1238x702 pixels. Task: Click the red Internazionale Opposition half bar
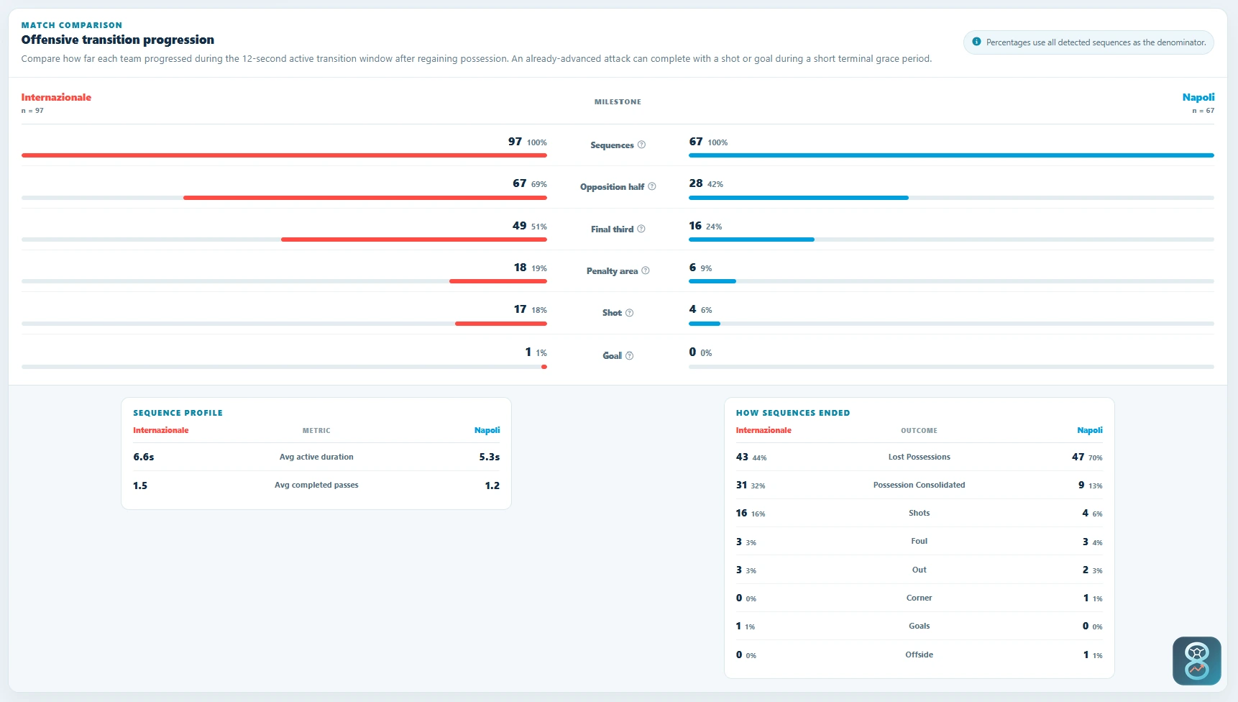point(365,197)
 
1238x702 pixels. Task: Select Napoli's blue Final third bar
point(751,240)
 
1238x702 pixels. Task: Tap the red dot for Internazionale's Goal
point(544,367)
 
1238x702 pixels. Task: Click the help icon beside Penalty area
point(646,271)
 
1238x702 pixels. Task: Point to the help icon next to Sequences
point(641,145)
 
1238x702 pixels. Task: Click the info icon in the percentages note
point(976,42)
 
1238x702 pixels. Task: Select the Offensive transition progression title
point(118,40)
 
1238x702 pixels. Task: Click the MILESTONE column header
point(618,102)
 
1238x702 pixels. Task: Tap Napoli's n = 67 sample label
point(1203,111)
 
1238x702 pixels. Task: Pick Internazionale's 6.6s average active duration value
point(144,457)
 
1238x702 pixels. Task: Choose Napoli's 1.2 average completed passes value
point(492,486)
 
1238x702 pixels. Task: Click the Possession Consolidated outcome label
point(919,485)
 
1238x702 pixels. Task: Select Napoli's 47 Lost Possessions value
point(1078,457)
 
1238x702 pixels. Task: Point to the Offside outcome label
point(919,655)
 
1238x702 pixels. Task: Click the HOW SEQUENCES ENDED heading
point(793,413)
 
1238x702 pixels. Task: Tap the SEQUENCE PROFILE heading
point(178,413)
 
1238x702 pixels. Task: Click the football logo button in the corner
point(1197,661)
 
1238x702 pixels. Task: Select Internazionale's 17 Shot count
point(520,309)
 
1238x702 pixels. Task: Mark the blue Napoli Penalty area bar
point(712,281)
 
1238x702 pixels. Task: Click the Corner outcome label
point(919,598)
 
